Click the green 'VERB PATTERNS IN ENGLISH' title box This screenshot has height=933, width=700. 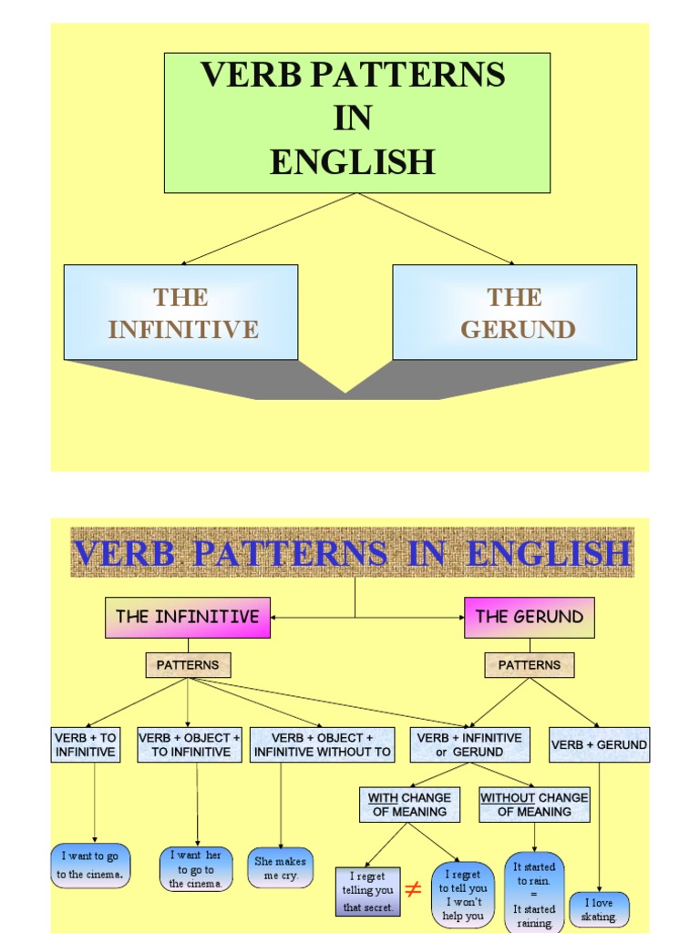click(356, 122)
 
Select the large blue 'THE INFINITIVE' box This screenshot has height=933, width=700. click(180, 312)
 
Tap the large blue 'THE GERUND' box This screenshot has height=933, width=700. click(514, 312)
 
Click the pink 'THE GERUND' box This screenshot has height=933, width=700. click(529, 617)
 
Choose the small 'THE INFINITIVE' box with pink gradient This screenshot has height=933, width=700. click(188, 617)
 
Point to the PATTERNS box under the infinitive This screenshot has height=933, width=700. click(188, 665)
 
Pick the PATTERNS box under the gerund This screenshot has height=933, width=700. click(529, 665)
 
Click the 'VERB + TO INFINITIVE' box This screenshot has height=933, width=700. click(86, 744)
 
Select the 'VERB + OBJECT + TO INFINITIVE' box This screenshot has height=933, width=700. click(190, 744)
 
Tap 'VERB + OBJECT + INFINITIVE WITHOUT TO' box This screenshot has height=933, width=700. click(323, 744)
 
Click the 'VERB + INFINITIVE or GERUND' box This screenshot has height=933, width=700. click(468, 744)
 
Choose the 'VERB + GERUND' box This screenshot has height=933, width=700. click(599, 744)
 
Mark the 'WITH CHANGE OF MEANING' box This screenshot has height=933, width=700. click(409, 805)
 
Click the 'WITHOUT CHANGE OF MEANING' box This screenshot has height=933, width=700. click(534, 805)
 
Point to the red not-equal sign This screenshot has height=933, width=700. click(413, 889)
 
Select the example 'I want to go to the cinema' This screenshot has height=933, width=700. click(90, 866)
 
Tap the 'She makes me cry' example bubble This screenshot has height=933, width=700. click(280, 867)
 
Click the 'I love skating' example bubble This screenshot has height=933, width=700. click(599, 909)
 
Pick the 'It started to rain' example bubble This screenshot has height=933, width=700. click(534, 894)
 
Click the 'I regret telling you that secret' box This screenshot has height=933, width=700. click(368, 891)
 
